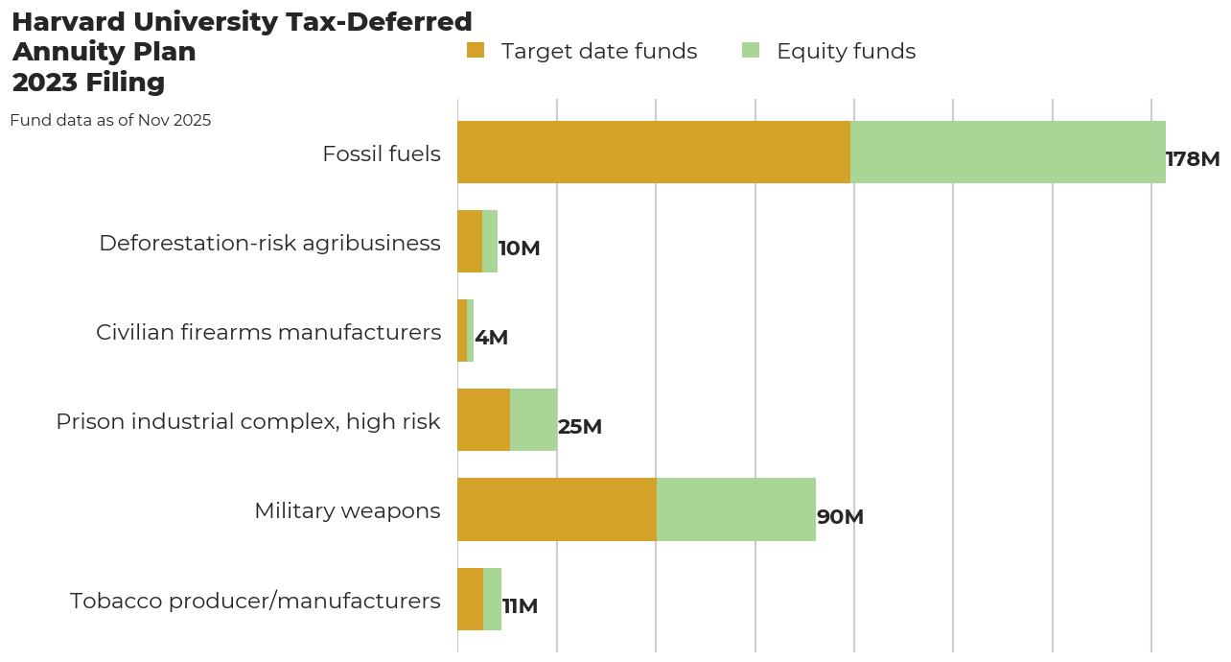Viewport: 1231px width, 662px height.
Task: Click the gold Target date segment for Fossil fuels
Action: tap(654, 152)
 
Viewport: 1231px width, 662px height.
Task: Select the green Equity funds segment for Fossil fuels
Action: tap(1008, 152)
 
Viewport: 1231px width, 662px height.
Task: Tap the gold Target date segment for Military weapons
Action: tap(557, 509)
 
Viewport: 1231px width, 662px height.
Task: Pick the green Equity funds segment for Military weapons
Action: tap(736, 509)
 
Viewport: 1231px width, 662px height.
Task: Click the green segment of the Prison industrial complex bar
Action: tap(533, 419)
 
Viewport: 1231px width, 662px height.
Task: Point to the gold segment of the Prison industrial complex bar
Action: tap(483, 419)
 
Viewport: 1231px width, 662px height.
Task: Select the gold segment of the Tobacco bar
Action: tap(470, 599)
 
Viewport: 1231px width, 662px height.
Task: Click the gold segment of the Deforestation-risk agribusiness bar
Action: tap(470, 241)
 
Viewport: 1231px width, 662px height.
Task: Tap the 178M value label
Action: tap(1193, 159)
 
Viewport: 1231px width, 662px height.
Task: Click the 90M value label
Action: tap(840, 517)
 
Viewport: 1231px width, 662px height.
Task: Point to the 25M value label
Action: tap(580, 427)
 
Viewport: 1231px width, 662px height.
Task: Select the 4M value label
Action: tap(492, 338)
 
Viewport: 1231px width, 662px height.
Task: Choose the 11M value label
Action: tap(521, 606)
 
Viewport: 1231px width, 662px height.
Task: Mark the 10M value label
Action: tap(520, 248)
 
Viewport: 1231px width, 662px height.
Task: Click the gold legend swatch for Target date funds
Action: tap(476, 50)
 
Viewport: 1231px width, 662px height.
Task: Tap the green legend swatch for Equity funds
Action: tap(751, 50)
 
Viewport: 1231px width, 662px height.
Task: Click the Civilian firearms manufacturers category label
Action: tap(268, 332)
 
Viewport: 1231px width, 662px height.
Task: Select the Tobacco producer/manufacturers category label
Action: tap(255, 601)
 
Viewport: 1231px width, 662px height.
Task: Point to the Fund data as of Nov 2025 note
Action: tap(110, 121)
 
